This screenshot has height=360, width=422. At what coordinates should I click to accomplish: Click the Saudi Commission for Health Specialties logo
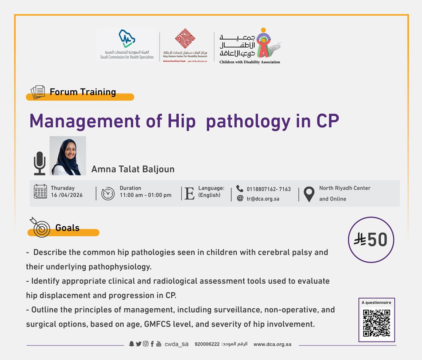127,44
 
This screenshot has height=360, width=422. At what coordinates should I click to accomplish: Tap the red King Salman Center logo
185,45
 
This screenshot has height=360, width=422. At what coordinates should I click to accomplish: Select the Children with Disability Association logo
250,46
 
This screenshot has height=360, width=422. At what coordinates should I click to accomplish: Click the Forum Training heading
83,92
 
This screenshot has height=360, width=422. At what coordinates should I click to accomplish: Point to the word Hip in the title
181,121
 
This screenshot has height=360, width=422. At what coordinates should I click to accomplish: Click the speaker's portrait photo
68,156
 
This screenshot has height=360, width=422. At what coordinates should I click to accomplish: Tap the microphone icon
40,163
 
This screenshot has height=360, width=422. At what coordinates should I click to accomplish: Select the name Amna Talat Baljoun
133,169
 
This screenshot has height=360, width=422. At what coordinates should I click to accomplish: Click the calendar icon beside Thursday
40,191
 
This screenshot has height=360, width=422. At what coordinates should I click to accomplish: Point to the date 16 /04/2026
67,195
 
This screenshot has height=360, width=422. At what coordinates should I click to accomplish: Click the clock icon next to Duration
108,193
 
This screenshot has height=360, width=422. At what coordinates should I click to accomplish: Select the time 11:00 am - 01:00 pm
145,195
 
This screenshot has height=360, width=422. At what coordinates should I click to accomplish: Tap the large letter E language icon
189,193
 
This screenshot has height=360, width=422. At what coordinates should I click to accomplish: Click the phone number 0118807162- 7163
268,189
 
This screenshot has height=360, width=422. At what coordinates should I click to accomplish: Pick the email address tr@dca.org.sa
263,199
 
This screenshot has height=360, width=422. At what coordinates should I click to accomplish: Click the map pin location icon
309,194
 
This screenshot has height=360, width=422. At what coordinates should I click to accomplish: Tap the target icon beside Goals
40,227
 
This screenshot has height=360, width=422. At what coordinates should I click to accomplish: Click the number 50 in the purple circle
377,240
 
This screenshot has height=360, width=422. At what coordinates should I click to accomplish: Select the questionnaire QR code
377,323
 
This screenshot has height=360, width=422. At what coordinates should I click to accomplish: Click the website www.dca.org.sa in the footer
272,344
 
